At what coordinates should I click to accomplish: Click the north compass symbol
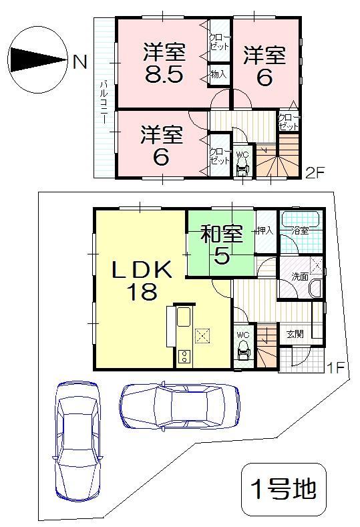click(x=37, y=59)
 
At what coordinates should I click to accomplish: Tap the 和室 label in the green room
click(x=221, y=234)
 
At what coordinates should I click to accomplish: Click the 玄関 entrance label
click(x=295, y=333)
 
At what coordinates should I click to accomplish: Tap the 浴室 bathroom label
click(x=300, y=231)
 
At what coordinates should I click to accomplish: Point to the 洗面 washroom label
click(x=299, y=277)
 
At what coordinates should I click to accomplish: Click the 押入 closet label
click(x=264, y=231)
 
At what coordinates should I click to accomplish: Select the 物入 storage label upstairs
click(x=218, y=74)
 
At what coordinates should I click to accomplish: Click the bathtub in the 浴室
click(x=303, y=220)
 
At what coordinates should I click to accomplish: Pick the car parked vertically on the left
click(x=79, y=442)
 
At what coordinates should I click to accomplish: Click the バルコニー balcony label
click(x=105, y=100)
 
